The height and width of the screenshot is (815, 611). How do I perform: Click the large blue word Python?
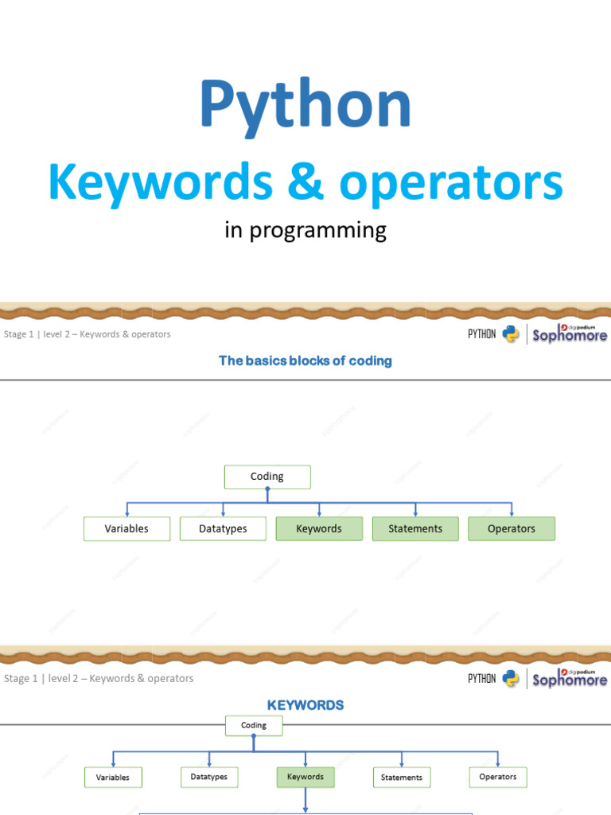(305, 105)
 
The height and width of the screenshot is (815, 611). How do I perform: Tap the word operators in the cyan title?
(451, 183)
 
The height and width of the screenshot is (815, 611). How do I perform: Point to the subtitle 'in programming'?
(305, 231)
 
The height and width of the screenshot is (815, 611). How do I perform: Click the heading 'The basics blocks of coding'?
(305, 361)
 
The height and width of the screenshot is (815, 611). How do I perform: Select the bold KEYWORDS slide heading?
(305, 705)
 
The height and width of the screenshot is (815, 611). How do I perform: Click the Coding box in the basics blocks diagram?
(267, 477)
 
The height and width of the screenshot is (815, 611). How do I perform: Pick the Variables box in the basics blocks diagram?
(126, 528)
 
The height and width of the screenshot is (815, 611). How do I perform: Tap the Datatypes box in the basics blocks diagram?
(223, 528)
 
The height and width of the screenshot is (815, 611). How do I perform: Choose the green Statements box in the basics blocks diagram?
(415, 528)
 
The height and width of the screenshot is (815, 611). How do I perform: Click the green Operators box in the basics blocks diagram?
(512, 528)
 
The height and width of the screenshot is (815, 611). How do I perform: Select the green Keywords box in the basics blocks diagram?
(319, 528)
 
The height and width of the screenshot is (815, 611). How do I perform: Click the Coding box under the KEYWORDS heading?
(254, 725)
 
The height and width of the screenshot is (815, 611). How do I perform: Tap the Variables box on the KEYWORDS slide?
(113, 778)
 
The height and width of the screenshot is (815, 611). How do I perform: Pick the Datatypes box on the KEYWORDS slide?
(209, 777)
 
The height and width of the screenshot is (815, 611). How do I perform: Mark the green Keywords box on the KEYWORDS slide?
(305, 777)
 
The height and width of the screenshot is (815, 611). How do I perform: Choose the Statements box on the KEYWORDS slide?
(402, 778)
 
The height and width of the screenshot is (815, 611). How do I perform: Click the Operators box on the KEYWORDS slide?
(498, 777)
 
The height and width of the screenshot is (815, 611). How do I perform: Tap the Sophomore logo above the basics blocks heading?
(570, 333)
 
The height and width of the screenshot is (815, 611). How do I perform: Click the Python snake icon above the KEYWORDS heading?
(512, 679)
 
